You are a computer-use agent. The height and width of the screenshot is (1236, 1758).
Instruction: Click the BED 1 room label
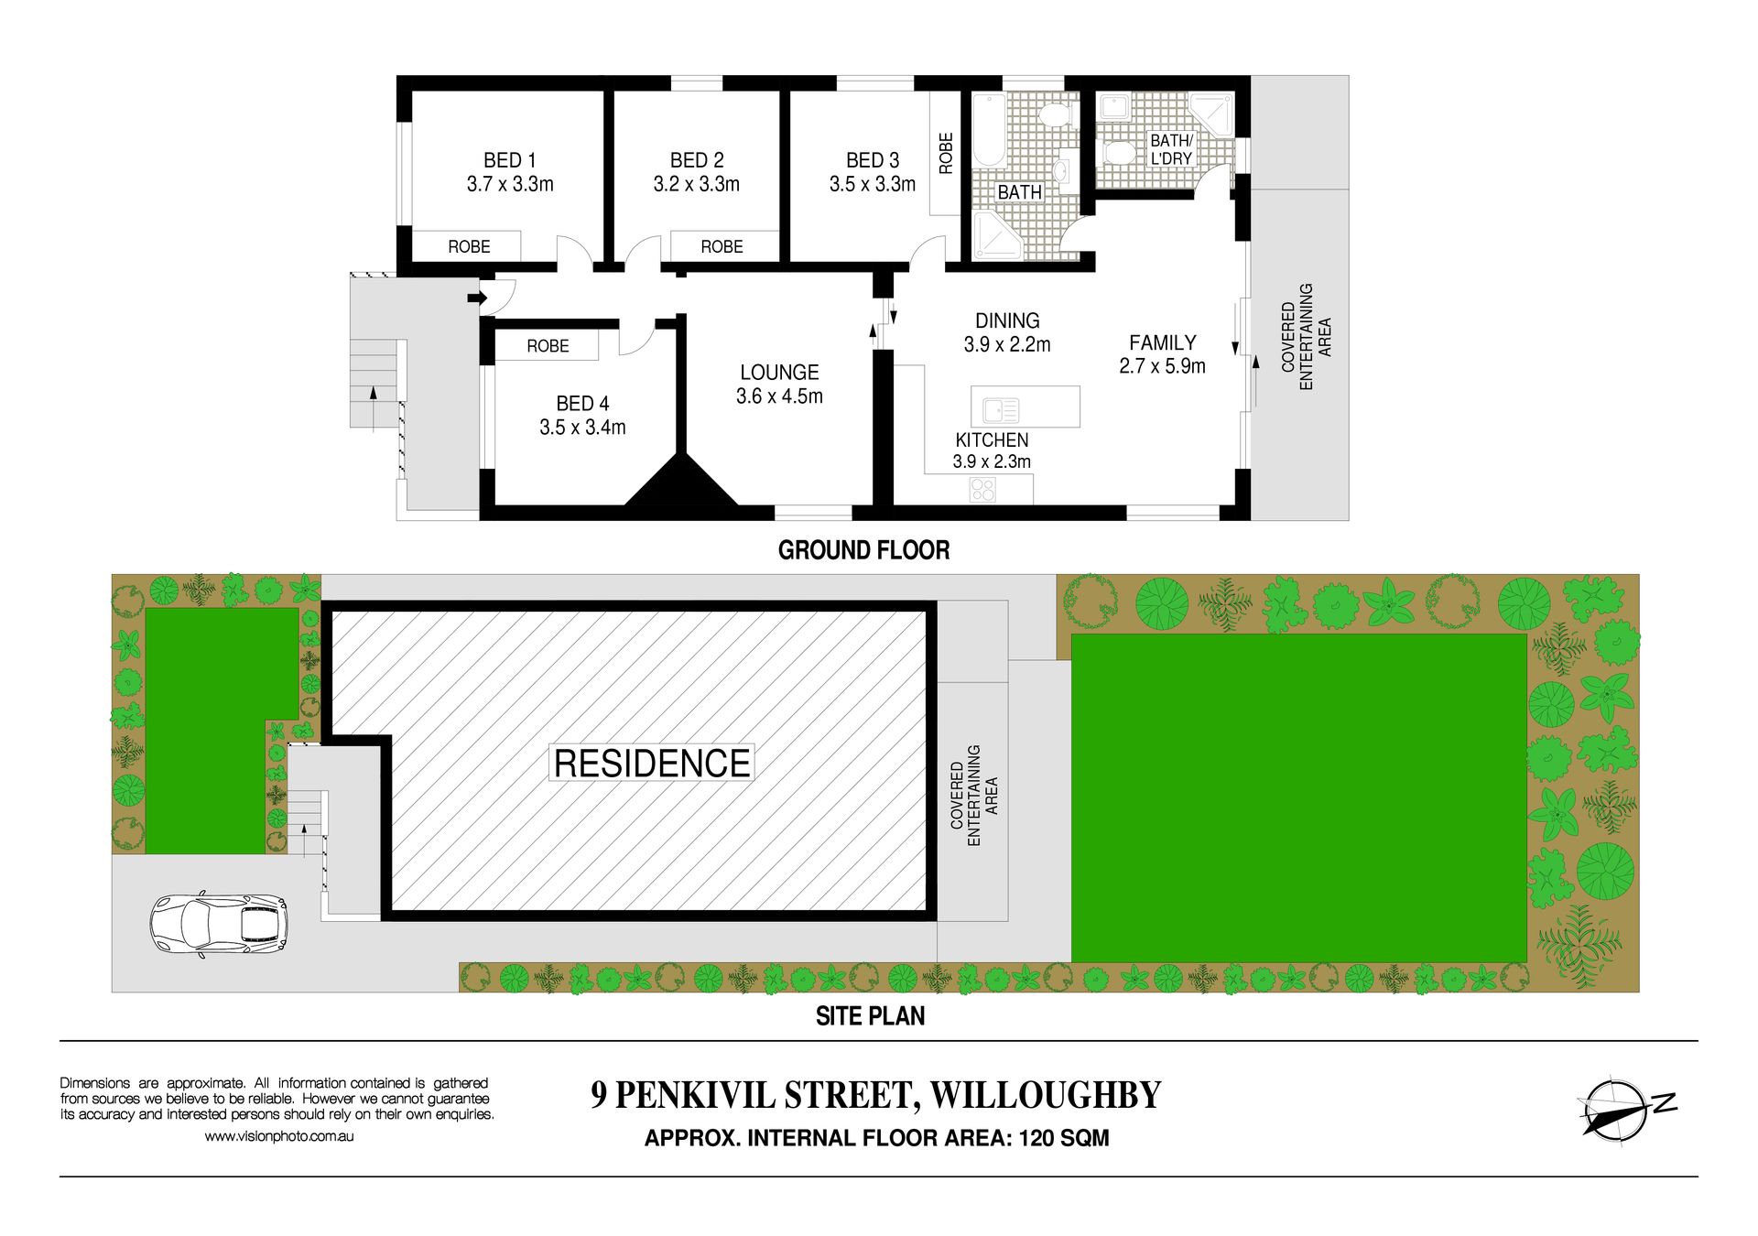click(x=510, y=160)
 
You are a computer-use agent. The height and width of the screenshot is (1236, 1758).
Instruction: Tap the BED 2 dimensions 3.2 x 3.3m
click(x=696, y=184)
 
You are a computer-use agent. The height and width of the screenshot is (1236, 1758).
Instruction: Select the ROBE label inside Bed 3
click(x=946, y=153)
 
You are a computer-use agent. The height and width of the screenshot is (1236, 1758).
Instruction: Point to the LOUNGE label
click(x=779, y=373)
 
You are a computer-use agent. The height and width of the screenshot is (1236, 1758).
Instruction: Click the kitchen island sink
click(x=1001, y=408)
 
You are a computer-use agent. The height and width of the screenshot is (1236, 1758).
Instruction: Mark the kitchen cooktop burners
click(x=982, y=489)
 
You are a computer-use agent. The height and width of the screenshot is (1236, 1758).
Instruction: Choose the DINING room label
click(x=1007, y=320)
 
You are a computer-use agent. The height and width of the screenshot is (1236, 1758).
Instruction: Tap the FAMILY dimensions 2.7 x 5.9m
click(x=1162, y=366)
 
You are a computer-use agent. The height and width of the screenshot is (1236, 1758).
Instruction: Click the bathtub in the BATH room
click(x=989, y=129)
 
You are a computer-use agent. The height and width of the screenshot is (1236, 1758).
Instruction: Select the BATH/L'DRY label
click(x=1171, y=149)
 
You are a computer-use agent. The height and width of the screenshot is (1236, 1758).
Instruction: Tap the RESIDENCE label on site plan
click(x=652, y=763)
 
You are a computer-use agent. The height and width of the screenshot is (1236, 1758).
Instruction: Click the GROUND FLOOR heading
click(x=863, y=550)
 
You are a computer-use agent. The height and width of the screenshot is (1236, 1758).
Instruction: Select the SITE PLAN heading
click(x=870, y=1016)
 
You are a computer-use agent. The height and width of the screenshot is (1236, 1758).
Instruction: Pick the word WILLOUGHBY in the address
click(x=1046, y=1095)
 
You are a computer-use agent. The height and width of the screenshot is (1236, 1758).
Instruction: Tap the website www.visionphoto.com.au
click(x=279, y=1136)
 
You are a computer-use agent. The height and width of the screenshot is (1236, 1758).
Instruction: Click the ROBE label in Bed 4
click(x=548, y=346)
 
